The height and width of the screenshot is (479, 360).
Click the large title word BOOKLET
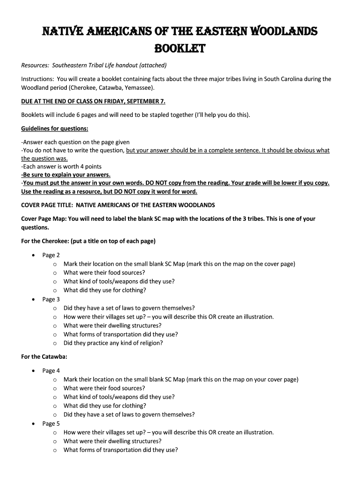(x=180, y=49)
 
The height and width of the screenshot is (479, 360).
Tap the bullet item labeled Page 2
(x=51, y=255)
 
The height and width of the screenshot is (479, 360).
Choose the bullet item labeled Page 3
(x=51, y=299)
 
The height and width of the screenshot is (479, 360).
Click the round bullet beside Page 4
(x=33, y=370)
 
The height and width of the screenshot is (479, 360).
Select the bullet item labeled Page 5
(x=51, y=423)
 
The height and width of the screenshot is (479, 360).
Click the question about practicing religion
(x=113, y=343)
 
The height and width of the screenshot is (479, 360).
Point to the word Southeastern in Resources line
(x=70, y=65)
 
